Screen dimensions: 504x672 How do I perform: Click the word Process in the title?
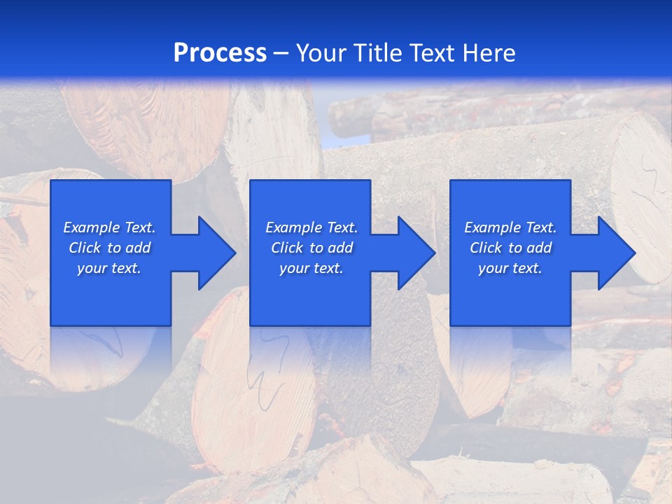click(220, 53)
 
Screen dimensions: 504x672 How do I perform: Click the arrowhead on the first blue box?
click(213, 253)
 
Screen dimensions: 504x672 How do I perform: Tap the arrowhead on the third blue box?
click(613, 253)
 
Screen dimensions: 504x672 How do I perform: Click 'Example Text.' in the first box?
click(109, 227)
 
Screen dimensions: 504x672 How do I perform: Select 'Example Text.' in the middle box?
click(311, 227)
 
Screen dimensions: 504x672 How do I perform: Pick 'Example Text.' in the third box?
click(510, 227)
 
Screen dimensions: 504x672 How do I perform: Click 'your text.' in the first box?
click(109, 268)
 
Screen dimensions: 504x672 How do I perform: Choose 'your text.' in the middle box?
click(311, 268)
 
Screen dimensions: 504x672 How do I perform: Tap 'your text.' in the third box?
click(510, 268)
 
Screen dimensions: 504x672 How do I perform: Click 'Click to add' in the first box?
click(109, 248)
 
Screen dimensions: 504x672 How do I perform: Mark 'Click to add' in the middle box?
click(311, 248)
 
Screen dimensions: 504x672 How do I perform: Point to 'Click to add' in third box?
click(510, 248)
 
